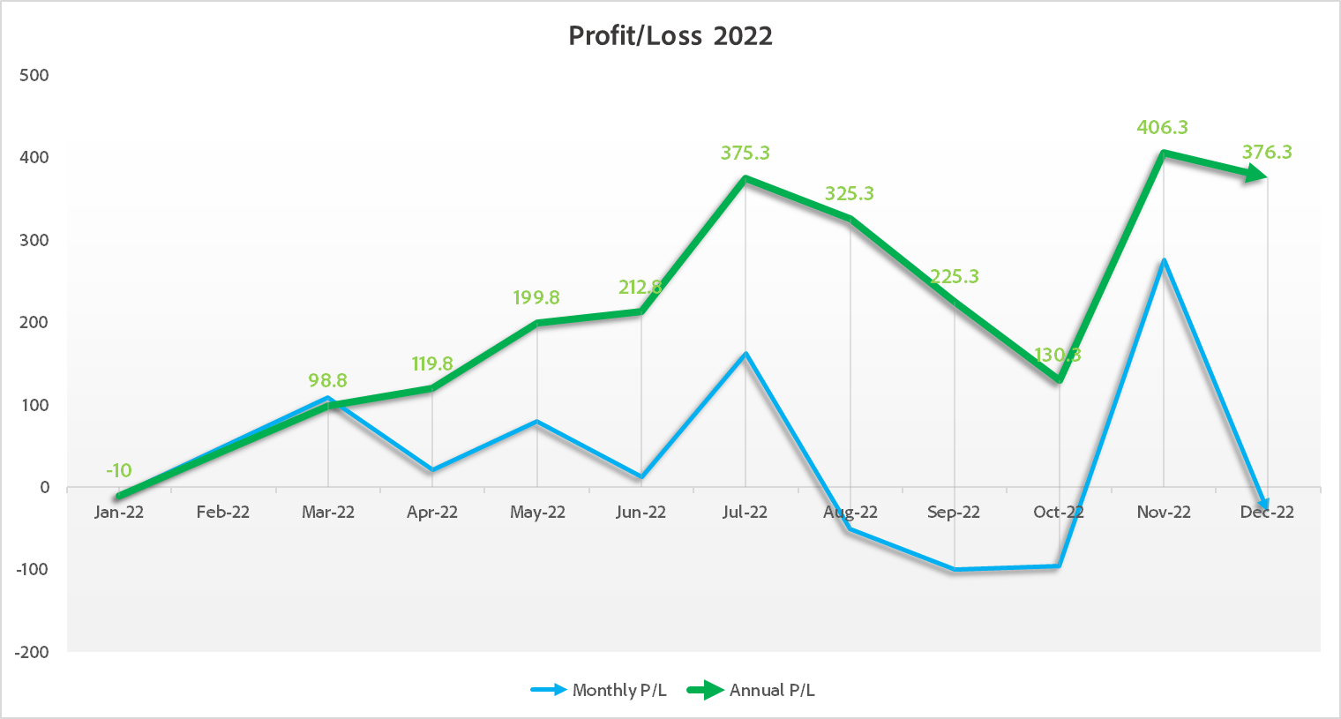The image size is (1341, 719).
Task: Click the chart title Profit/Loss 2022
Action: click(670, 36)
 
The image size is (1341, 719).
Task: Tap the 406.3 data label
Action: click(1162, 128)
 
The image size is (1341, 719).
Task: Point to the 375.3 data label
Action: click(745, 154)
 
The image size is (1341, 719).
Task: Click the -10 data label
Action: click(119, 471)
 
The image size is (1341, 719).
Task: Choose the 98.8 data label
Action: click(327, 381)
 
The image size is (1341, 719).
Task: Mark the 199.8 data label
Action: click(536, 298)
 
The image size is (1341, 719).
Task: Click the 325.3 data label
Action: click(849, 194)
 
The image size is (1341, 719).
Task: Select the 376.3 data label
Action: click(1267, 153)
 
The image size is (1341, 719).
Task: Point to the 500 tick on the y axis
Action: click(34, 76)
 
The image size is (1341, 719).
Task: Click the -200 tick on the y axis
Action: click(33, 652)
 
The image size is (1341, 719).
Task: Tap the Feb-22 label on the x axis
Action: click(223, 513)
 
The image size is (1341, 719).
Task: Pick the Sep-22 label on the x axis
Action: click(954, 513)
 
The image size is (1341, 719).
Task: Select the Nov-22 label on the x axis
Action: click(1163, 513)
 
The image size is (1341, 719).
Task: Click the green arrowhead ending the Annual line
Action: click(1256, 175)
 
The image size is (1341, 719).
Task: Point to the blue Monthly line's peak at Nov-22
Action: click(1164, 260)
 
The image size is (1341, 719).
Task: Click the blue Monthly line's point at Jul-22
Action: click(745, 354)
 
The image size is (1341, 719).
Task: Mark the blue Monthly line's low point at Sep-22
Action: click(955, 569)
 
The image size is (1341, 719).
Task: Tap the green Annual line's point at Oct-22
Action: click(1059, 380)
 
